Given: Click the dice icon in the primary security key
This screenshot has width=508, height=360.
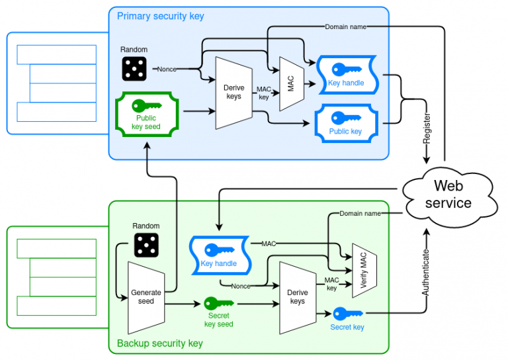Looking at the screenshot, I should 134,68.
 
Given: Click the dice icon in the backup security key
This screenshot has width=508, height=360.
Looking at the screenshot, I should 146,244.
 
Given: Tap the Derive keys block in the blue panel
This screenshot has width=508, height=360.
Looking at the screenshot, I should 233,93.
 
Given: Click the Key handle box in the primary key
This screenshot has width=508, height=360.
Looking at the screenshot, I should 346,74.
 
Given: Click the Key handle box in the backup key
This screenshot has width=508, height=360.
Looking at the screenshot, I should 218,255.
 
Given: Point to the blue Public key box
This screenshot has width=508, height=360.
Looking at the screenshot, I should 345,122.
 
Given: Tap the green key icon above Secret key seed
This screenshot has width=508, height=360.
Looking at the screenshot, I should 218,303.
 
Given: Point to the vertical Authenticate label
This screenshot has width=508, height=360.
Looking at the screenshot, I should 427,271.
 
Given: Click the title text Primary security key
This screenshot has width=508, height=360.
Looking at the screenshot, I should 161,16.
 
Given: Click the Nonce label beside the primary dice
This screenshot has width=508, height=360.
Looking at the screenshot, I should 167,69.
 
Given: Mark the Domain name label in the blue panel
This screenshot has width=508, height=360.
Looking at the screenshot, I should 345,26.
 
